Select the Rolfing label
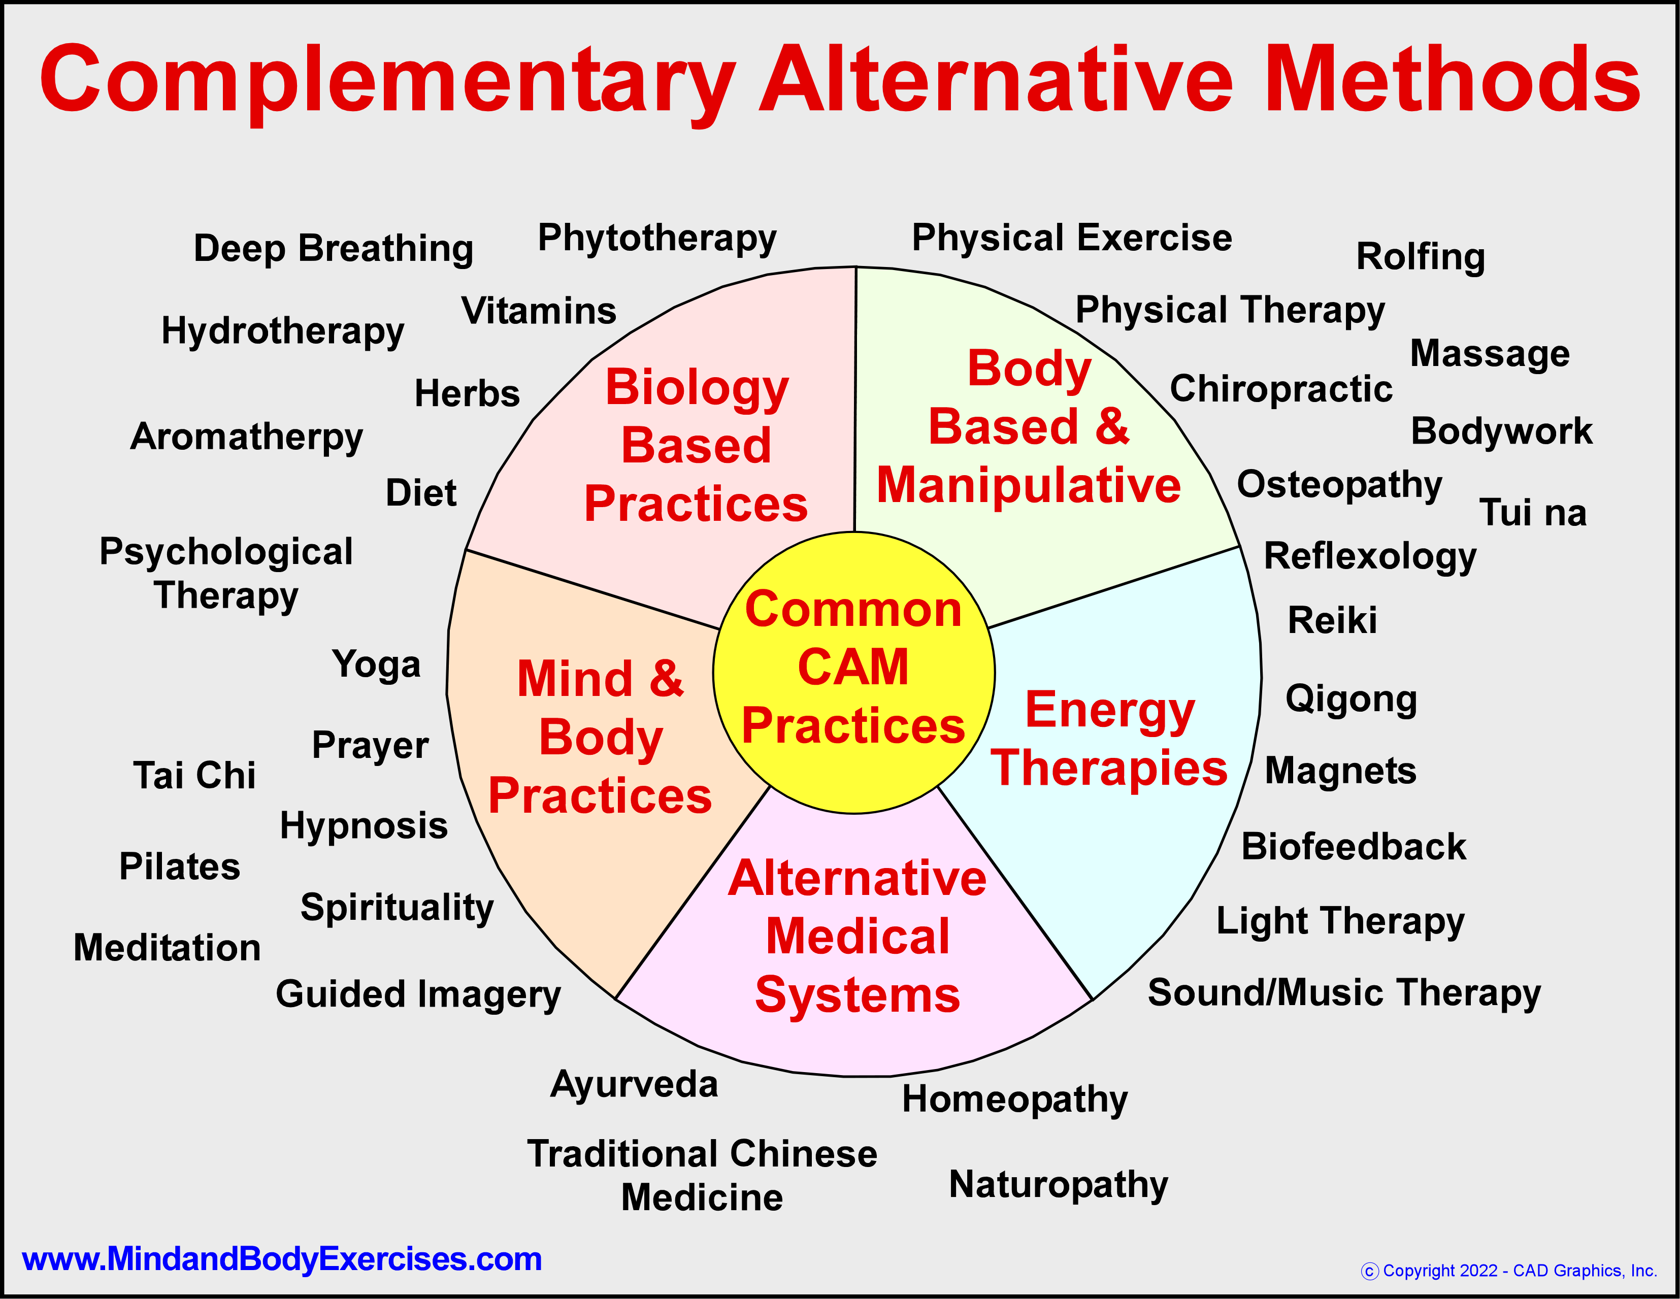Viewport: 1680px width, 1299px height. coord(1420,256)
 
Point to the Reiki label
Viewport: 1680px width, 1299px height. coord(1332,620)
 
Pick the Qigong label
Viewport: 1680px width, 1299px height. coord(1351,699)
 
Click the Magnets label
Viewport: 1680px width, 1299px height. coord(1340,771)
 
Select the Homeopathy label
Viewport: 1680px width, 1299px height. coord(1014,1099)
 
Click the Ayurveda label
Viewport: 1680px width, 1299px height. coord(634,1084)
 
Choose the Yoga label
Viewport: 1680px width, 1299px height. coord(376,664)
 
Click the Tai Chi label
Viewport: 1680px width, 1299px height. coord(194,775)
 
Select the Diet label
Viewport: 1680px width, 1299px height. coord(421,493)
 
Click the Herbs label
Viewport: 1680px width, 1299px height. coord(467,393)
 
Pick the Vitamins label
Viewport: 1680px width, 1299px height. coord(539,311)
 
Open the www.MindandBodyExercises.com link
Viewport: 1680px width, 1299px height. coord(282,1259)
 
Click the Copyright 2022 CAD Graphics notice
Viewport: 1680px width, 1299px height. coord(1508,1271)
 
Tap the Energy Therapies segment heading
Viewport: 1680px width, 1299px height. coord(1109,738)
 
